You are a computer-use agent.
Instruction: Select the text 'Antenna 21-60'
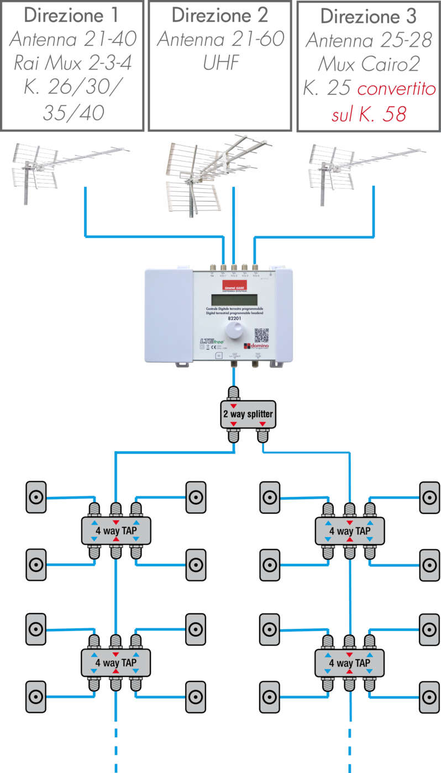220,39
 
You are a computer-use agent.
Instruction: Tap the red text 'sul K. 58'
369,114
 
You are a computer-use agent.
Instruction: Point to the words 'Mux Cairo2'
368,64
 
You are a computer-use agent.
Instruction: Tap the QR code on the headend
261,336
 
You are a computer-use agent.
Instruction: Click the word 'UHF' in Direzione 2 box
220,63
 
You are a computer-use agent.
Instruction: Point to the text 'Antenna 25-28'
368,40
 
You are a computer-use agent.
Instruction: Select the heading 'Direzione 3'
368,17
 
